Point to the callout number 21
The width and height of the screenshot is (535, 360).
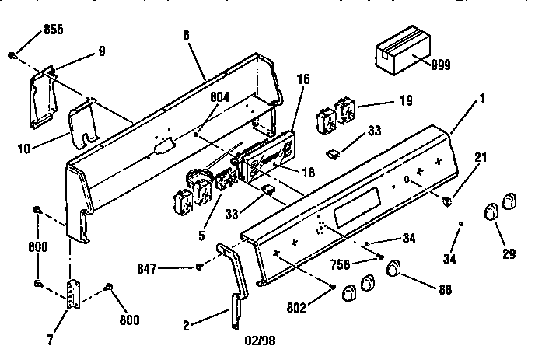point(482,158)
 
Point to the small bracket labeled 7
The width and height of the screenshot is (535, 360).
point(74,292)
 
